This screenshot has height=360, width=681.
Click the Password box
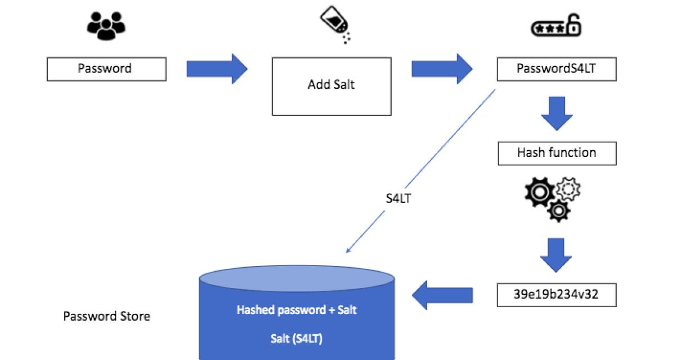(106, 69)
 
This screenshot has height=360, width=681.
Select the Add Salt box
(331, 85)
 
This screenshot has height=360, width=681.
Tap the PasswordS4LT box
(556, 69)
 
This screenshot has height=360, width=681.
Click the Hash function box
(556, 153)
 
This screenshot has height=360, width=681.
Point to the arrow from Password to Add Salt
(217, 69)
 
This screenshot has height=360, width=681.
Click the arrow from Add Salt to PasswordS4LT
(442, 69)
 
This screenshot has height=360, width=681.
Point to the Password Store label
(106, 316)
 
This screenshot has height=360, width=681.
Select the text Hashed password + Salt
(297, 310)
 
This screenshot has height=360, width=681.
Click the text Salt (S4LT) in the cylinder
(297, 340)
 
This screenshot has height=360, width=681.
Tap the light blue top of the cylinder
(297, 277)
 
